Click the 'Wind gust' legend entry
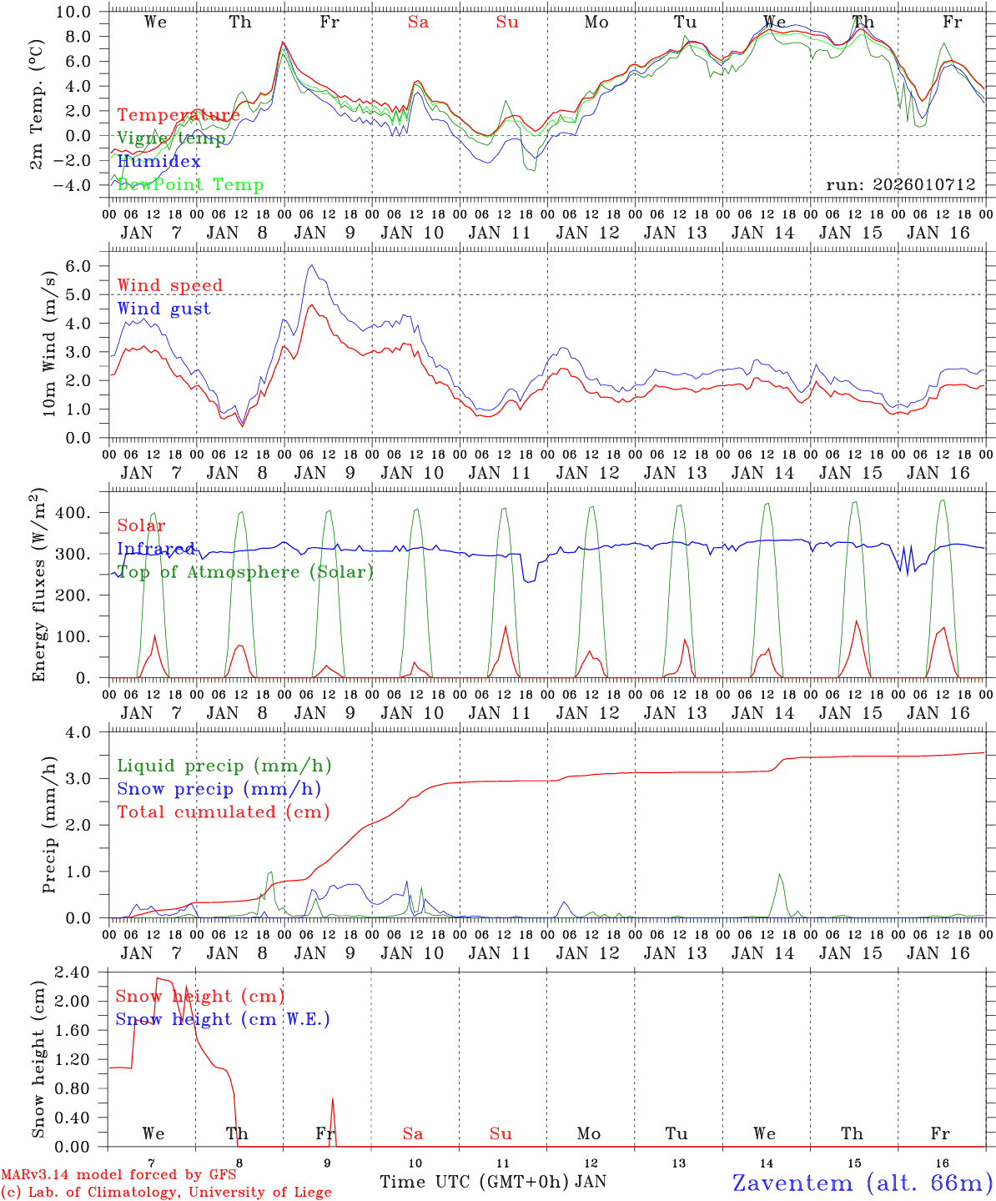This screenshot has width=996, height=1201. pyautogui.click(x=163, y=309)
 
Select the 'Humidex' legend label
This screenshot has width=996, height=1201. pyautogui.click(x=158, y=162)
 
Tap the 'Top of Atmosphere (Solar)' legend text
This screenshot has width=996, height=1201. pyautogui.click(x=244, y=572)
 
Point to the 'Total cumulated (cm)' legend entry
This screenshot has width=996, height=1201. pyautogui.click(x=223, y=812)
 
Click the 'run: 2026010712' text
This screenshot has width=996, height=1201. pyautogui.click(x=900, y=185)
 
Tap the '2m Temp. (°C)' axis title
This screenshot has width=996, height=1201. pyautogui.click(x=37, y=118)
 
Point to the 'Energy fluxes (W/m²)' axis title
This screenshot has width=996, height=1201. pyautogui.click(x=39, y=585)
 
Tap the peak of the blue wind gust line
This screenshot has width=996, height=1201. pyautogui.click(x=311, y=265)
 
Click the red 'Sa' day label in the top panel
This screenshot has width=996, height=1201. pyautogui.click(x=418, y=23)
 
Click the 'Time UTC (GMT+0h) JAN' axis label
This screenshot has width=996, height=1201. pyautogui.click(x=493, y=1182)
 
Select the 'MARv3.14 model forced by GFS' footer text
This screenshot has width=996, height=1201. pyautogui.click(x=118, y=1174)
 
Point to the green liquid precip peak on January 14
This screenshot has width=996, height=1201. pyautogui.click(x=780, y=875)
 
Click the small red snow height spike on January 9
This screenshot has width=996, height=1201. pyautogui.click(x=333, y=1098)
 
